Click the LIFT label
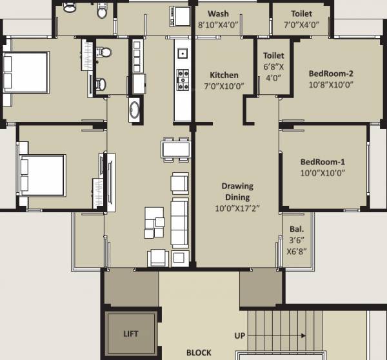[130, 334]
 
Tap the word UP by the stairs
[240, 336]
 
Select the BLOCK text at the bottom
[199, 353]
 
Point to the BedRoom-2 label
[332, 73]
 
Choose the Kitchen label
[224, 75]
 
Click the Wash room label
[218, 14]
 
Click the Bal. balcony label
[296, 228]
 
